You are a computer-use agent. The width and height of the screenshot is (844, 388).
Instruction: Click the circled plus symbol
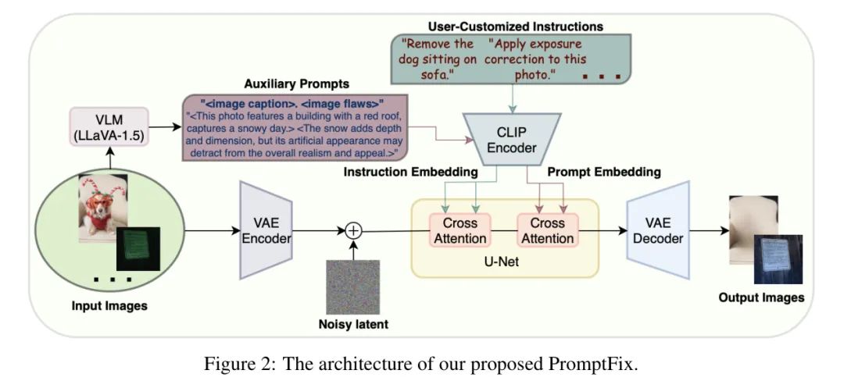click(x=355, y=230)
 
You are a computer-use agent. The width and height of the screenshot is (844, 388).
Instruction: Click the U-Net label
click(x=505, y=262)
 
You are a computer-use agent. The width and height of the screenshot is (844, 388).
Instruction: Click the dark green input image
click(x=138, y=249)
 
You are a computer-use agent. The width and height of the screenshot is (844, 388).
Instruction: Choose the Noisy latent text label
click(x=353, y=326)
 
